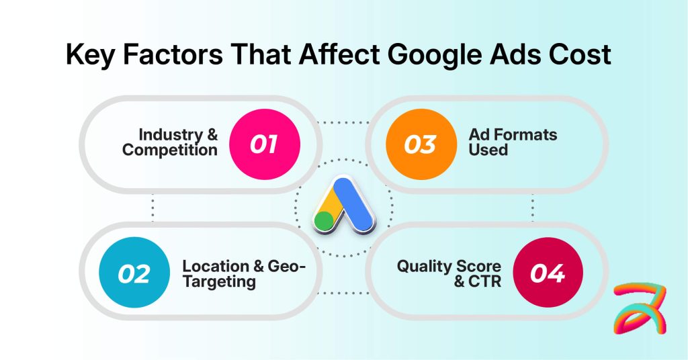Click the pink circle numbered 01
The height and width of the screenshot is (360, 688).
point(263,143)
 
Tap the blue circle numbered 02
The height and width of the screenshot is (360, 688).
point(134,274)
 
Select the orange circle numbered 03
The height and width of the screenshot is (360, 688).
point(421,143)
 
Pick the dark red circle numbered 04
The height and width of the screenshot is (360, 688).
point(548,274)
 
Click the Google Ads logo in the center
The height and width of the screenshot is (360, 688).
point(343,206)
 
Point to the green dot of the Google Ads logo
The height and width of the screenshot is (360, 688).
point(325,221)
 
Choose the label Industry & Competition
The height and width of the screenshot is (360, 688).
point(169,142)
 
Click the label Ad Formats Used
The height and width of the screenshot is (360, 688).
point(513,142)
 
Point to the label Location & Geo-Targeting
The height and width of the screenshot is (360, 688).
point(243,273)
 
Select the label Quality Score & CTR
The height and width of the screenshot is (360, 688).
point(449,273)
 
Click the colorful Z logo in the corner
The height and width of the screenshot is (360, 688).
point(640,308)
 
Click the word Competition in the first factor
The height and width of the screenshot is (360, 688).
point(169,149)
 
